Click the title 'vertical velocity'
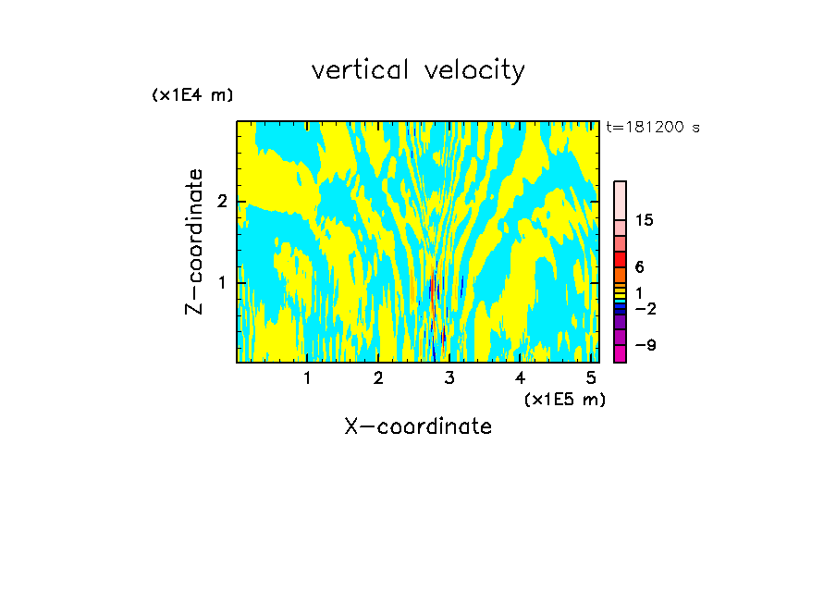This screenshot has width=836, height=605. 418,70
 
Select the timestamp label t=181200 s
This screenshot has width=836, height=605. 652,128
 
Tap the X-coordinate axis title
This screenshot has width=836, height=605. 418,426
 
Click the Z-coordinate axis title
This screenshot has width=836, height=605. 194,241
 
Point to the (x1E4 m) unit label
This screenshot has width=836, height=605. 192,95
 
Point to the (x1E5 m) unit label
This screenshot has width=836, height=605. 564,399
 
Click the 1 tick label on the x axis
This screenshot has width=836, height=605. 307,377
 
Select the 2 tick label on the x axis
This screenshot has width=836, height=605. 378,377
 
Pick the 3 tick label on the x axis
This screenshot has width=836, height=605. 449,377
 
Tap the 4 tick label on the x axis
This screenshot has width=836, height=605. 521,377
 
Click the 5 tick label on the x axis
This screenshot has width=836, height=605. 592,377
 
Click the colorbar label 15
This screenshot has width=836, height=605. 645,220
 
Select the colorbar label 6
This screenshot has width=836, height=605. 639,266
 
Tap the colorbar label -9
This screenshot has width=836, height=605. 645,345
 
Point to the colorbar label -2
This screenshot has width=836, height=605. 645,308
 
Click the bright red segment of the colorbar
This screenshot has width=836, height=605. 620,258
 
